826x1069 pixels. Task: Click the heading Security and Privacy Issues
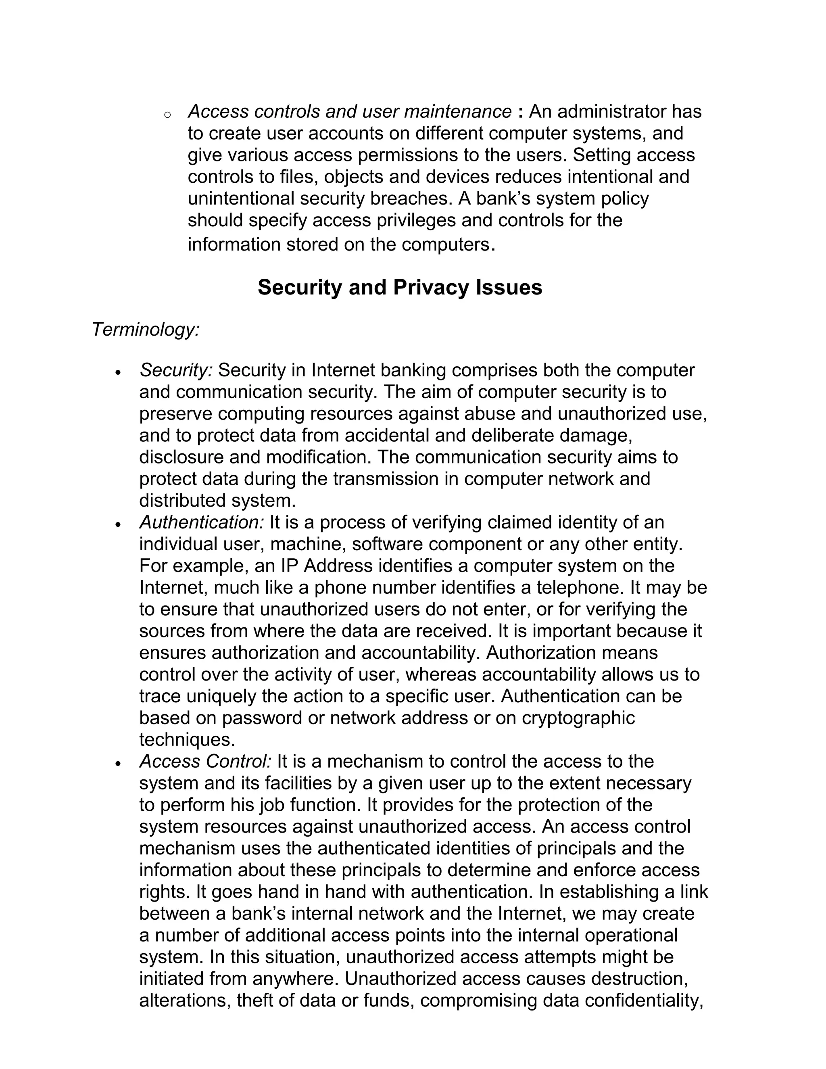(x=400, y=287)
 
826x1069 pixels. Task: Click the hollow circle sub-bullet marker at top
(x=167, y=115)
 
